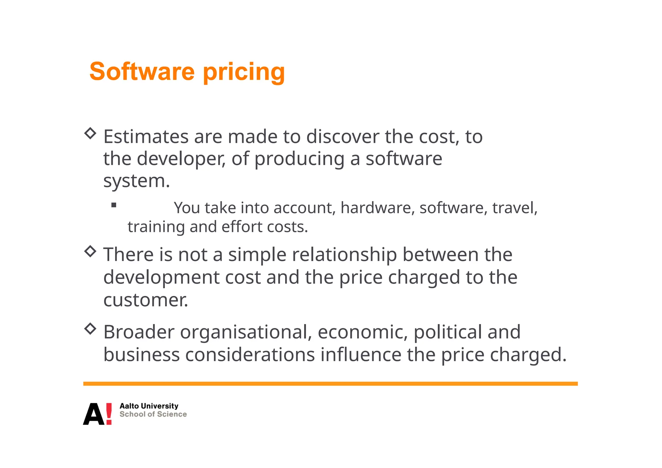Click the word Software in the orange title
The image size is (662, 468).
point(142,71)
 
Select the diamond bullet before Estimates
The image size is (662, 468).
point(90,133)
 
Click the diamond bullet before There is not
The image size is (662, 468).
point(90,251)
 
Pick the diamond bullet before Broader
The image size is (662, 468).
point(90,329)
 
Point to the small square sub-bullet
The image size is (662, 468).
point(113,205)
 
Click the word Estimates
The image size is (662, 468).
point(146,137)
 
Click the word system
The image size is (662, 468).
point(136,181)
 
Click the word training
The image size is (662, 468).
point(156,227)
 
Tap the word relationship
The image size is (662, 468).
point(344,255)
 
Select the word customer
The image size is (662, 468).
point(145,300)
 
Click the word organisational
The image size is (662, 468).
point(246,332)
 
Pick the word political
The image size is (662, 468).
point(447,332)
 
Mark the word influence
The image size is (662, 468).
point(361,355)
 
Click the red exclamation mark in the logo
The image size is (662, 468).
point(109,414)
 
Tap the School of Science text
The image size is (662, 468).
point(153,414)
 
